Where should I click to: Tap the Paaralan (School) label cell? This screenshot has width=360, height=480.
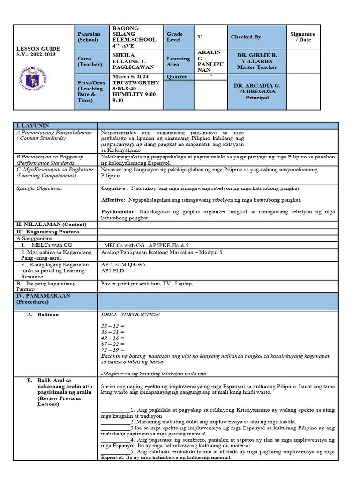point(88,37)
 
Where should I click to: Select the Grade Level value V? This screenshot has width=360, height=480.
point(199,37)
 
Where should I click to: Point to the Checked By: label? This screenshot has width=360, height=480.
point(247,37)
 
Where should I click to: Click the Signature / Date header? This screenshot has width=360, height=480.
point(302,37)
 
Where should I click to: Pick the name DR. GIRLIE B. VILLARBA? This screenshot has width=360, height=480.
point(257,58)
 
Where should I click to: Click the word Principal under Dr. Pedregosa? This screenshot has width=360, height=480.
point(257,98)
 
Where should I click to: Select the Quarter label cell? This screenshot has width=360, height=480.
point(177,77)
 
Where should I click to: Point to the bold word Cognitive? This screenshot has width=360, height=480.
point(113,188)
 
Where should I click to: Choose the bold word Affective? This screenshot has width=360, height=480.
point(113,200)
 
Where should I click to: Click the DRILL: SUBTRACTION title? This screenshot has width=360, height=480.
point(130,315)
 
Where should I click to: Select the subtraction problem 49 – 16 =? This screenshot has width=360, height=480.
point(112,337)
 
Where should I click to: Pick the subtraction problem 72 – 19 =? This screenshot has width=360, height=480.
point(112,350)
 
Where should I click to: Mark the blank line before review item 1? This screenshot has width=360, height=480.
point(115,409)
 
